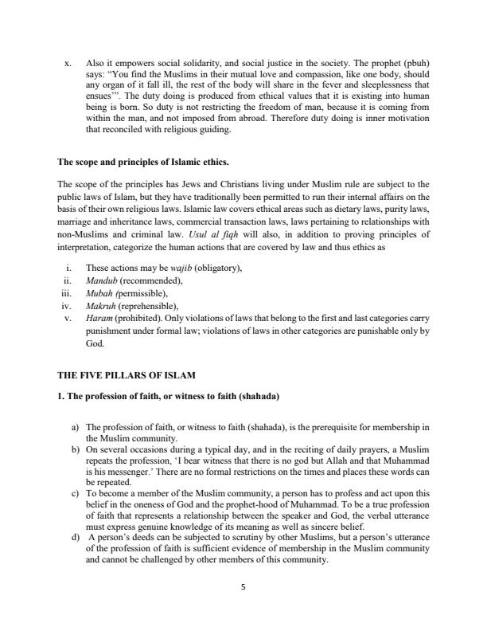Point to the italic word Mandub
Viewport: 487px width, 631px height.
tap(102, 280)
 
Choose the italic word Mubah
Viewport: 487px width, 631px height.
tap(100, 293)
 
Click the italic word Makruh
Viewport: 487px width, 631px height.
tap(101, 306)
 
